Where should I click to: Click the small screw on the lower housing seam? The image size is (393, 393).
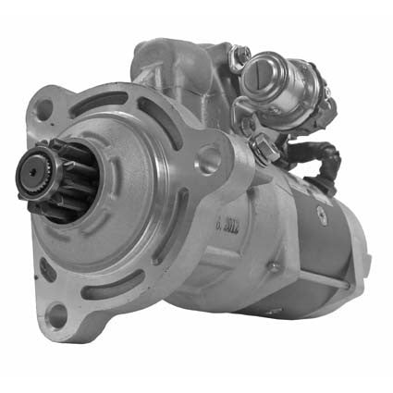(x=274, y=268)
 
